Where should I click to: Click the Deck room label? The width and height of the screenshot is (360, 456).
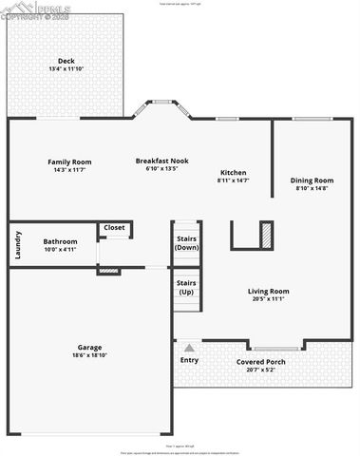66,62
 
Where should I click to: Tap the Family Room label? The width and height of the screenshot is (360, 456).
68,161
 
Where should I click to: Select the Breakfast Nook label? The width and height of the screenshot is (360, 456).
161,161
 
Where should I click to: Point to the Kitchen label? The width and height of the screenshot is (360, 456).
233,172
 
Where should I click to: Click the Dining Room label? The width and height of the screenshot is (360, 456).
312,180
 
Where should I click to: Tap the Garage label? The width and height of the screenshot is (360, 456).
89,348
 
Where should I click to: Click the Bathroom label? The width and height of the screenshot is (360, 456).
60,241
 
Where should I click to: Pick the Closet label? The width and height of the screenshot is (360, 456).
114,228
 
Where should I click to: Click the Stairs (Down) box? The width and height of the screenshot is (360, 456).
186,241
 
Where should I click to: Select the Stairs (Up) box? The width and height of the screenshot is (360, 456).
186,287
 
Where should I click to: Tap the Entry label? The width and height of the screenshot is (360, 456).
189,360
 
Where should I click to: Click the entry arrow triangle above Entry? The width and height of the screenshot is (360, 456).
189,348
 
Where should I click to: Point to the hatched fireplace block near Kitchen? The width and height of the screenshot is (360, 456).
267,234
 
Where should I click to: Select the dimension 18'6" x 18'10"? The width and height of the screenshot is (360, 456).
89,356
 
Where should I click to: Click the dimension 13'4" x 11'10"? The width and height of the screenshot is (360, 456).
66,69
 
